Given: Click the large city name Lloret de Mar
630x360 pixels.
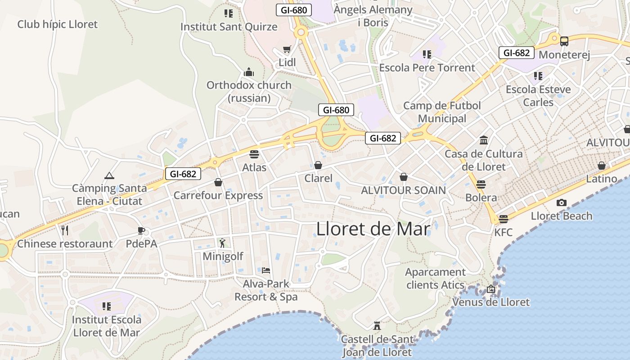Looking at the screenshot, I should (373, 229).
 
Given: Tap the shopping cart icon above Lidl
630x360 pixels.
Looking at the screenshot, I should (287, 49).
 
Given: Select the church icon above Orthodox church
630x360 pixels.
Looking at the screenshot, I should (249, 72).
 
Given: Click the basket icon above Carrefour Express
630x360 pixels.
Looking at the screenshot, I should (218, 182).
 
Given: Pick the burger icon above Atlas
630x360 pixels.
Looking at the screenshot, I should (254, 154).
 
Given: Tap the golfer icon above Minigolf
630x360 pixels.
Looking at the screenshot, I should (222, 243).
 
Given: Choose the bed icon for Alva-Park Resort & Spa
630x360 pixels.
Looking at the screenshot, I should (266, 270).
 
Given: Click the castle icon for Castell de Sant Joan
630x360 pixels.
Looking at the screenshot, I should (377, 325).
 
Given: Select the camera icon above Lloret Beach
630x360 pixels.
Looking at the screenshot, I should (561, 203).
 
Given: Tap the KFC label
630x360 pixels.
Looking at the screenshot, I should (503, 232).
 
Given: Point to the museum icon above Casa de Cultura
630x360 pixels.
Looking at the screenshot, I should (484, 140).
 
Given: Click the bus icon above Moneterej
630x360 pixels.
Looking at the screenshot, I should (564, 41).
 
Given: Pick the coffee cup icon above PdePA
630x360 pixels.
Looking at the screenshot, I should (141, 231).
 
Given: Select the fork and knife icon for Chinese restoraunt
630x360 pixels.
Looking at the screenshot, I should (65, 230).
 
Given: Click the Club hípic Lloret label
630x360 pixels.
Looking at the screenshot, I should (57, 24).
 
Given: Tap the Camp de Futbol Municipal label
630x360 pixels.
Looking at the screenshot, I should (442, 112).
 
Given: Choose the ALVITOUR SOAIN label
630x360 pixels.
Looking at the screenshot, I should (403, 190).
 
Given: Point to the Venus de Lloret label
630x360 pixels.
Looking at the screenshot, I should (491, 302).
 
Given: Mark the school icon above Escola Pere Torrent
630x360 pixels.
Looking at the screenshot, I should (427, 54).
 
